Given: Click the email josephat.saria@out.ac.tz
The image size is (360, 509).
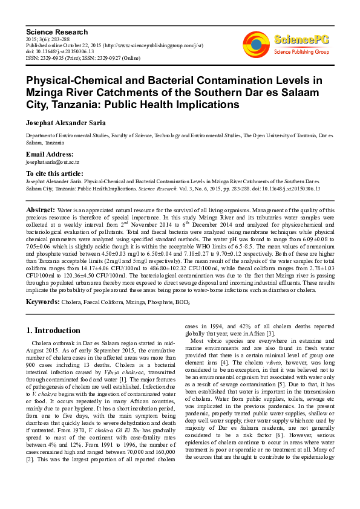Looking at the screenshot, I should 53,163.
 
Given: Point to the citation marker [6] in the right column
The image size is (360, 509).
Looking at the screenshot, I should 257,452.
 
